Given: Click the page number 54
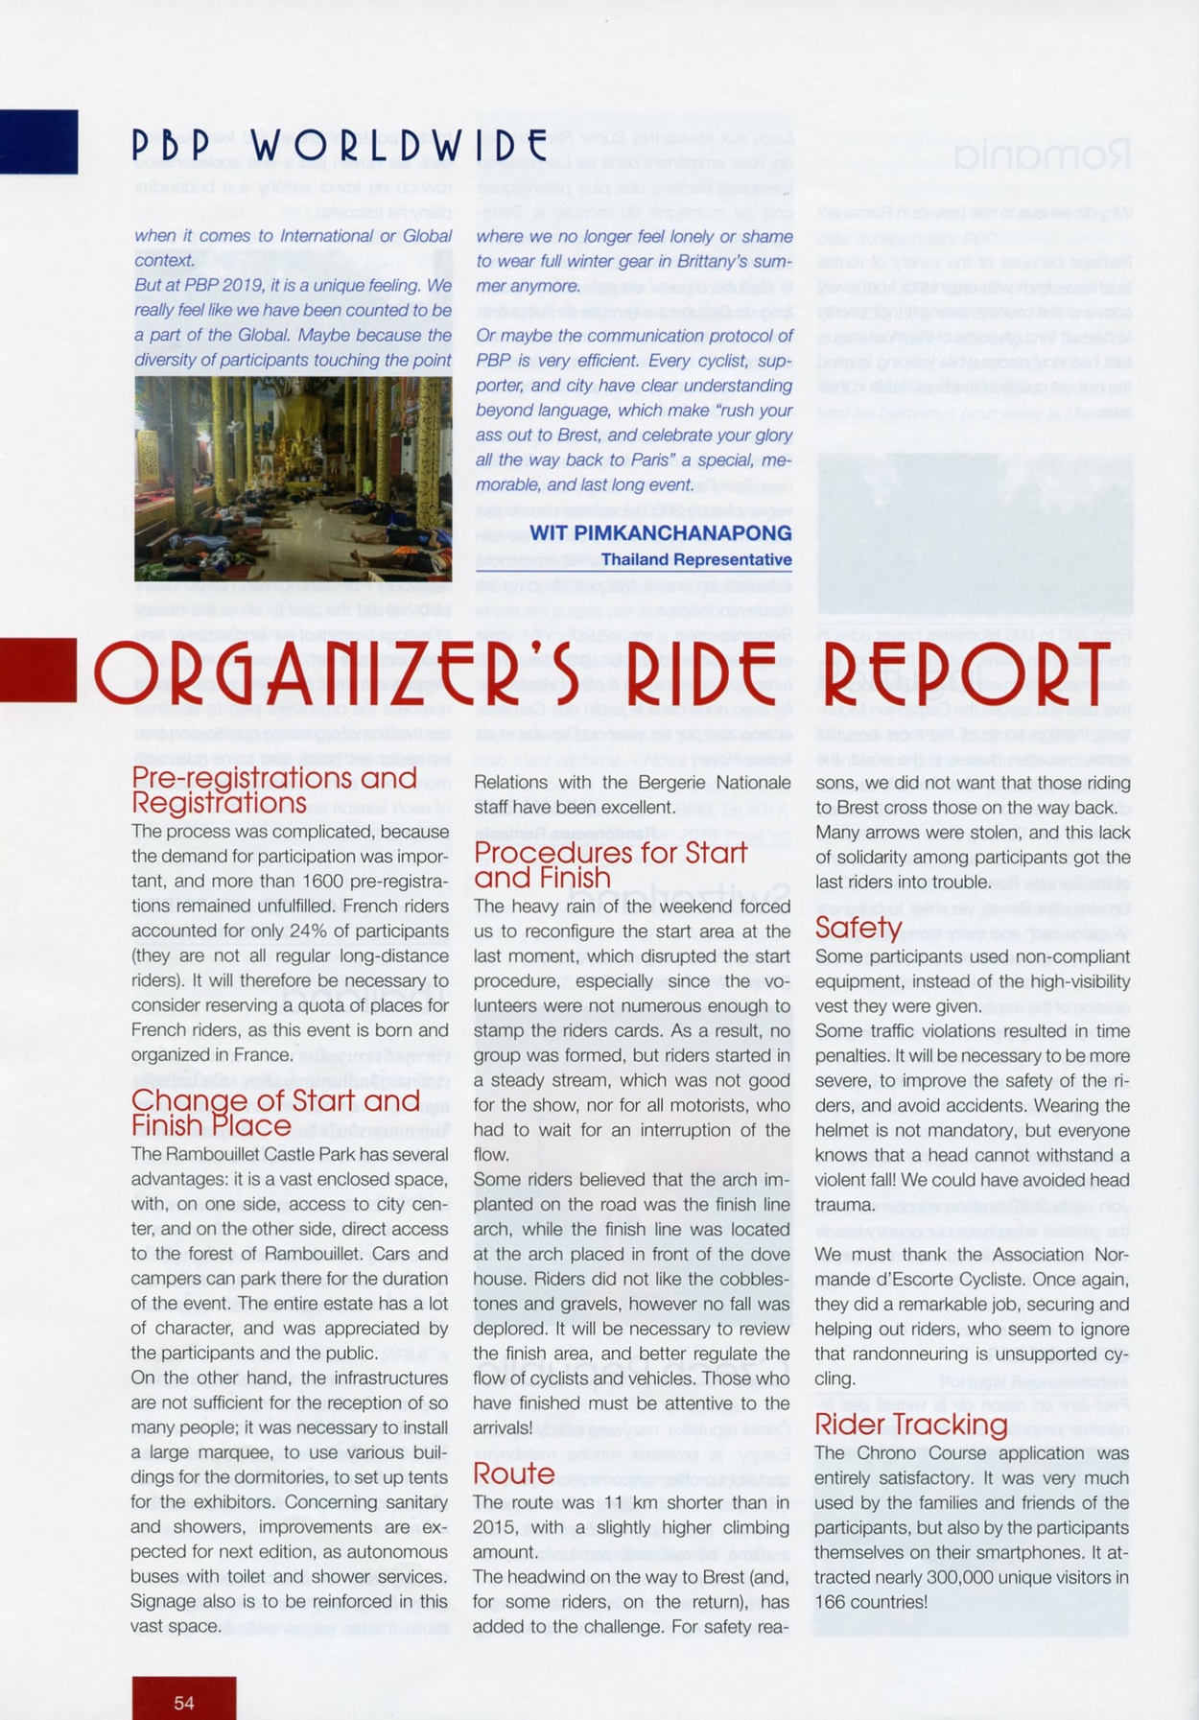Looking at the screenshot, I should pos(184,1703).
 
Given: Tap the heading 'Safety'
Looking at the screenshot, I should pos(858,928).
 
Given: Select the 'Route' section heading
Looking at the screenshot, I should pos(514,1473).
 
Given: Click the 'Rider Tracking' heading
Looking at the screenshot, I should pos(910,1425).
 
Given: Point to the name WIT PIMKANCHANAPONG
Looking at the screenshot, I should pos(661,533).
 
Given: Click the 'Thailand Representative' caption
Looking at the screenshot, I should pos(696,559).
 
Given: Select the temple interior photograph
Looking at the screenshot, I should pos(293,479).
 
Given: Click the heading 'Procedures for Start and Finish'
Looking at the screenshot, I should pos(610,865).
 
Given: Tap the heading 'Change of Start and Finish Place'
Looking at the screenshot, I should pos(275,1113).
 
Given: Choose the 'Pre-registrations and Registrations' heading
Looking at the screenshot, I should pos(274,789).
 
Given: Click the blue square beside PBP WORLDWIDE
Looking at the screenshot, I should pos(38,142).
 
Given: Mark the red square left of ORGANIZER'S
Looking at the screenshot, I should pos(38,671).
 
